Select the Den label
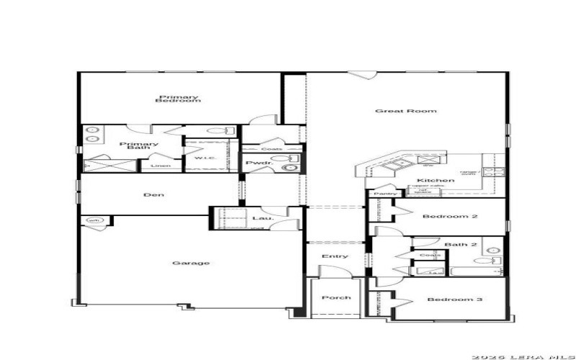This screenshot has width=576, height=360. [x=150, y=194]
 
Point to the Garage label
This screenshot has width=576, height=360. [x=191, y=263]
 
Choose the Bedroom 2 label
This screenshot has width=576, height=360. [x=441, y=217]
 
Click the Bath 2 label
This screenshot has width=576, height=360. [x=461, y=245]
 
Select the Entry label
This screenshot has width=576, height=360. [x=336, y=256]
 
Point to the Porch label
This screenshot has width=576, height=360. [x=336, y=297]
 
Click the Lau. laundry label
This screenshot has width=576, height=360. [x=259, y=217]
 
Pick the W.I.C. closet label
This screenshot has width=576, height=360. [x=201, y=158]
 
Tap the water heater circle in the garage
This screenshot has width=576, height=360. [x=93, y=220]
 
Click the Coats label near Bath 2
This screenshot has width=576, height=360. [x=430, y=255]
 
